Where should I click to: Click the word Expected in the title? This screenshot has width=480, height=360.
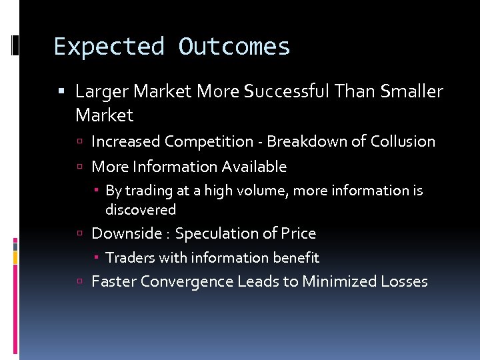pyautogui.click(x=109, y=47)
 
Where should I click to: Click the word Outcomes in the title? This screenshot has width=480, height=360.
pyautogui.click(x=234, y=47)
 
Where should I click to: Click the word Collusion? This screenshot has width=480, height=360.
pyautogui.click(x=403, y=141)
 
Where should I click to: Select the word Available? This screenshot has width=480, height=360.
pyautogui.click(x=255, y=167)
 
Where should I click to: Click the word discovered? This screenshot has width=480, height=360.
pyautogui.click(x=141, y=210)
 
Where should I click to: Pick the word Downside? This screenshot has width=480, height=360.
pyautogui.click(x=126, y=233)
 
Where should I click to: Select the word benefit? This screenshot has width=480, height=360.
pyautogui.click(x=296, y=258)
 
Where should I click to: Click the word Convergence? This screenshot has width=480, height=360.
pyautogui.click(x=183, y=281)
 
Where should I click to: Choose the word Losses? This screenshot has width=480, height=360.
pyautogui.click(x=404, y=281)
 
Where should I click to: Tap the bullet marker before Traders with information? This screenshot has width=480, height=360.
pyautogui.click(x=97, y=258)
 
